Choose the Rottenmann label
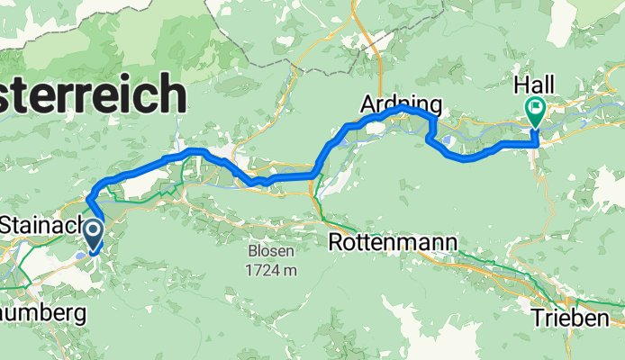(394, 243)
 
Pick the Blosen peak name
(275, 251)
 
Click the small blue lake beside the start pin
(82, 255)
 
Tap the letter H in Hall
(521, 85)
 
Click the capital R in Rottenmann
(337, 243)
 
